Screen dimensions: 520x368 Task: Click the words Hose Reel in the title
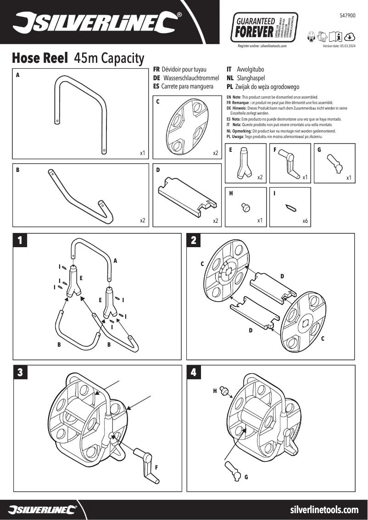coord(40,58)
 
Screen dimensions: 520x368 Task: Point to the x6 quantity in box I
coord(305,221)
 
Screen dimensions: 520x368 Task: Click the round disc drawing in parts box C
coord(186,127)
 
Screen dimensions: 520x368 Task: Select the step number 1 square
coord(20,240)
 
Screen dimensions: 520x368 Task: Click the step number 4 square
coord(194,372)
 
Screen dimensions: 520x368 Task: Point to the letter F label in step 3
coord(156,467)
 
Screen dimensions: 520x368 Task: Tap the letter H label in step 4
coord(215,391)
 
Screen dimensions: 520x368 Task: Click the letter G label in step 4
coord(246,477)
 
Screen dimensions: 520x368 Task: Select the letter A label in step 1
coord(115,260)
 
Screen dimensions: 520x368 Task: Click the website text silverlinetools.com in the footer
coord(324,510)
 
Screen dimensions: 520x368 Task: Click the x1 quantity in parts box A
coord(143,153)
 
